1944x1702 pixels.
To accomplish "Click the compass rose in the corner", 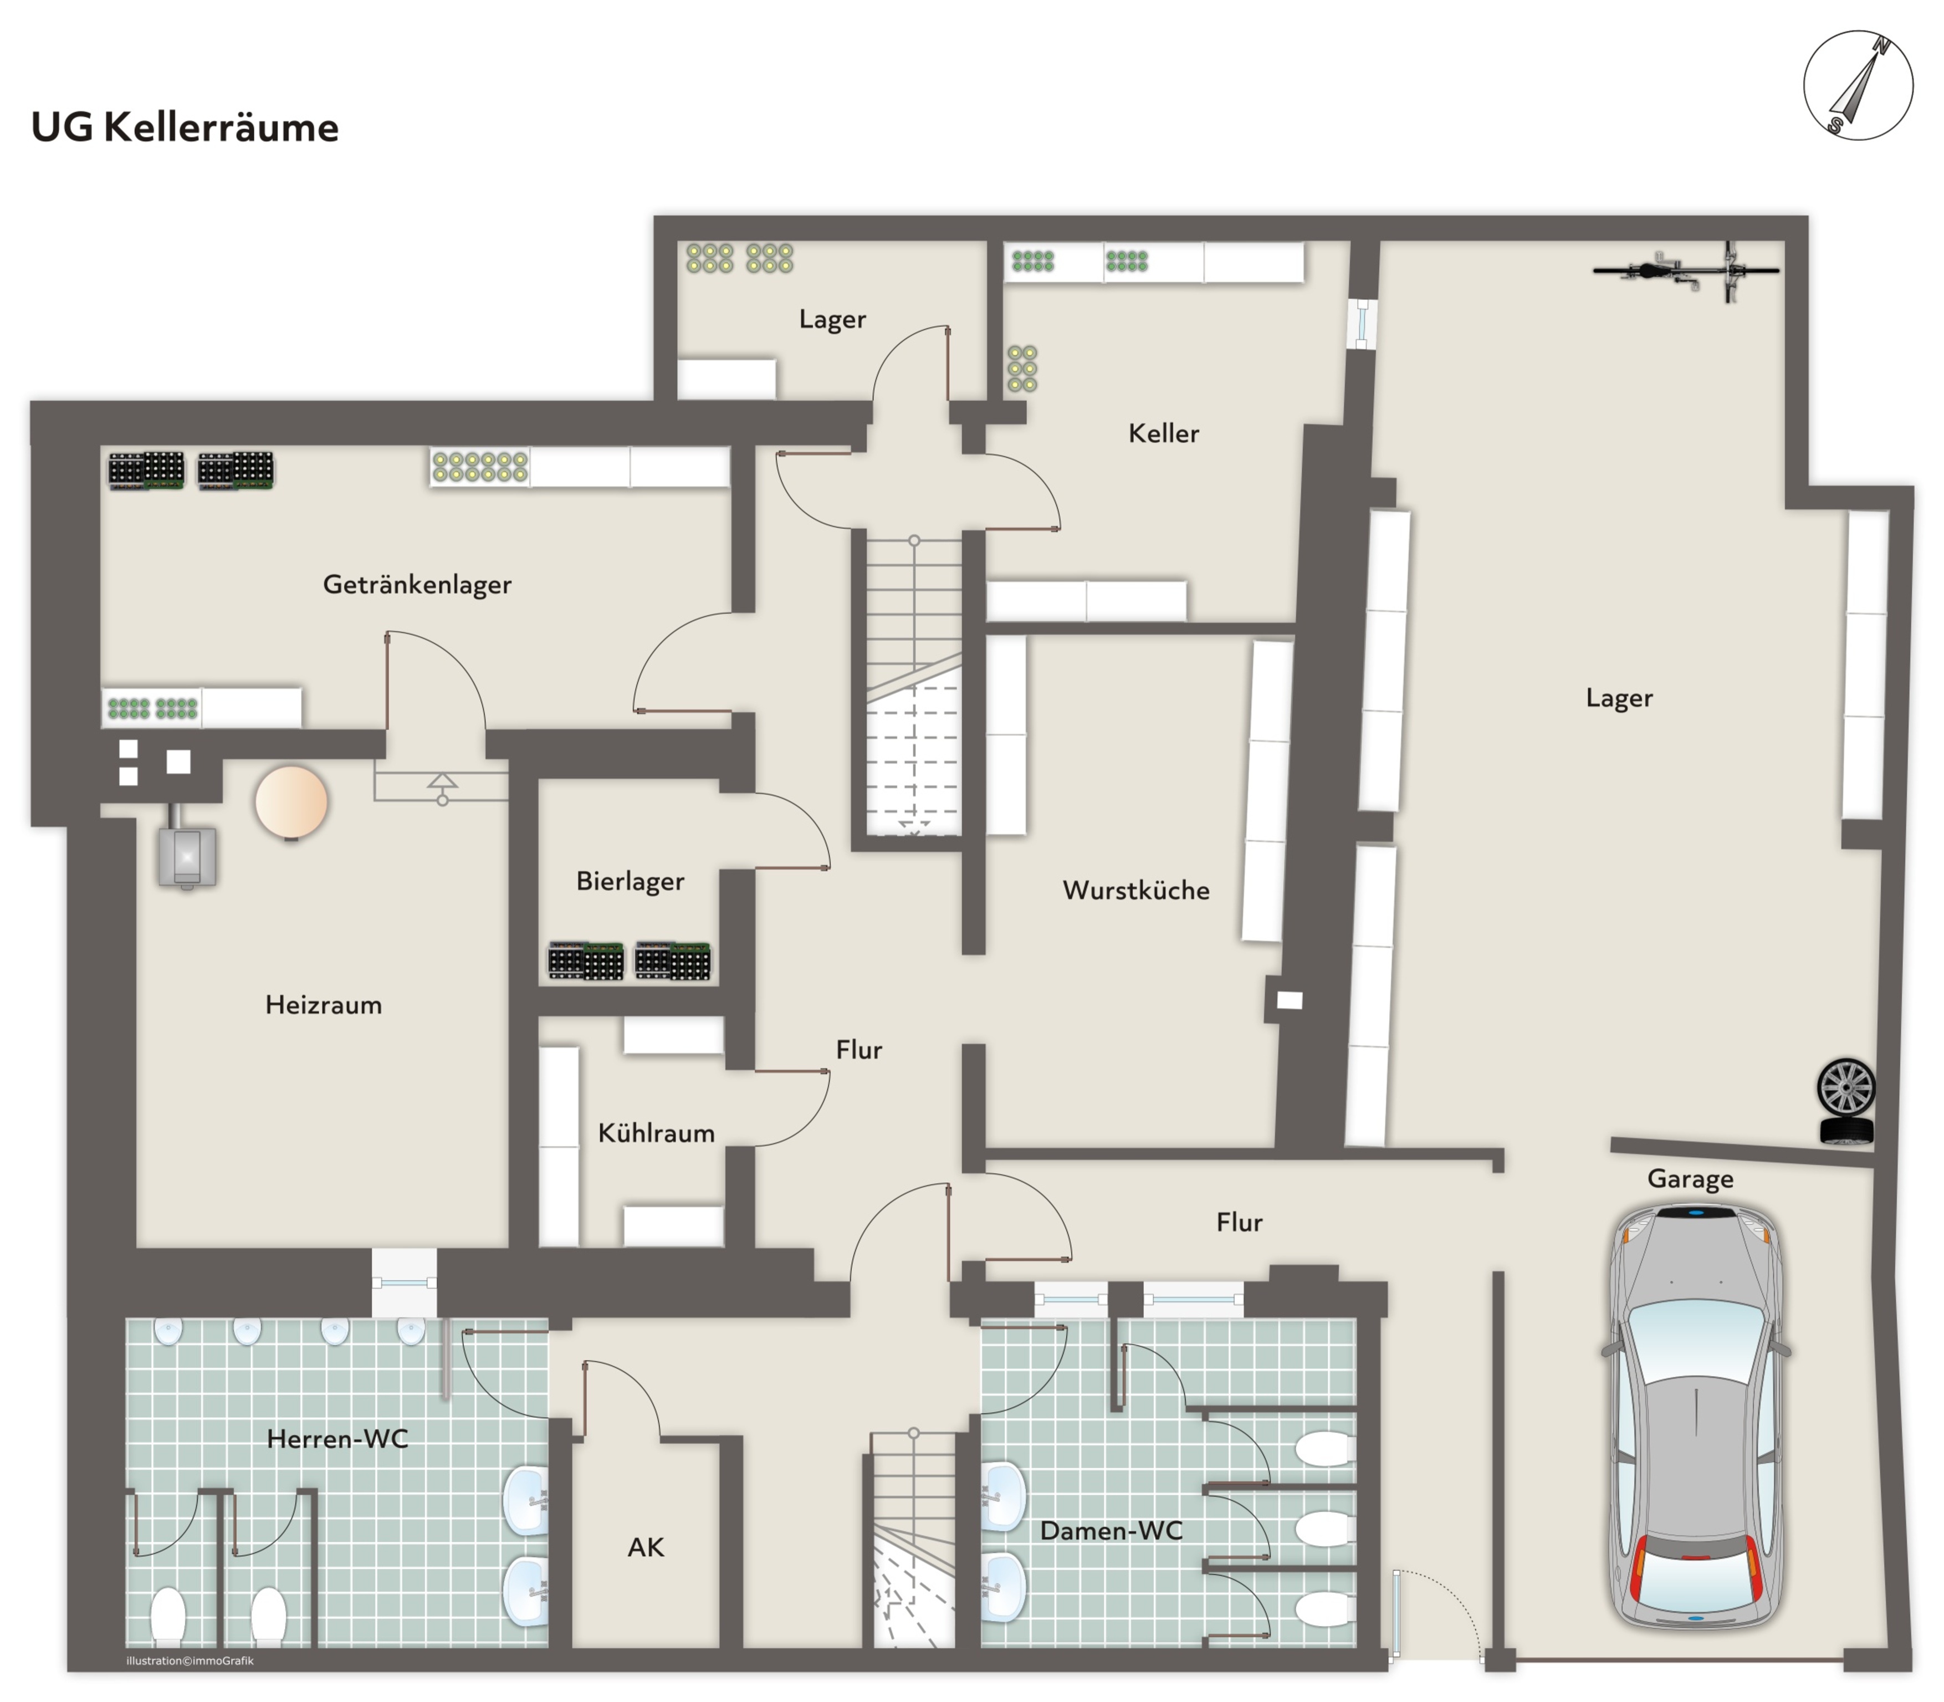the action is [1858, 85].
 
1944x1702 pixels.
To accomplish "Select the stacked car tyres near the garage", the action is [1845, 1102].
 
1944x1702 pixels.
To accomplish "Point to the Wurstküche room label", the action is [1136, 890].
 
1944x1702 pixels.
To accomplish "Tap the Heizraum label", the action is [323, 1005].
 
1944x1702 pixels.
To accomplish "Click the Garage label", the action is [1690, 1179].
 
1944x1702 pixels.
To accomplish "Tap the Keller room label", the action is [1163, 433].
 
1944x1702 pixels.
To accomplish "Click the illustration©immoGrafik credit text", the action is [190, 1661].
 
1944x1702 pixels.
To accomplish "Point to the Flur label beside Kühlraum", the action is [858, 1050].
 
